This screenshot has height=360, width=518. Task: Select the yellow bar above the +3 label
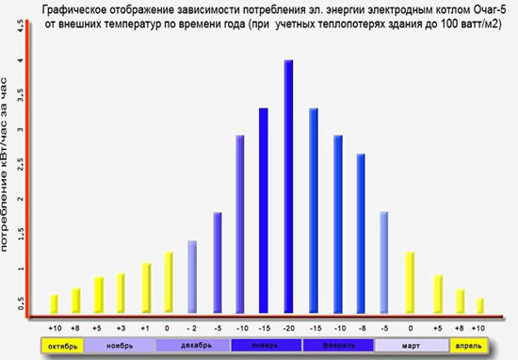(121, 293)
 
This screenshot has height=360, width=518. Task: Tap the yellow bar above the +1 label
(146, 288)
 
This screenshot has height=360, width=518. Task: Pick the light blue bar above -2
(192, 277)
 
